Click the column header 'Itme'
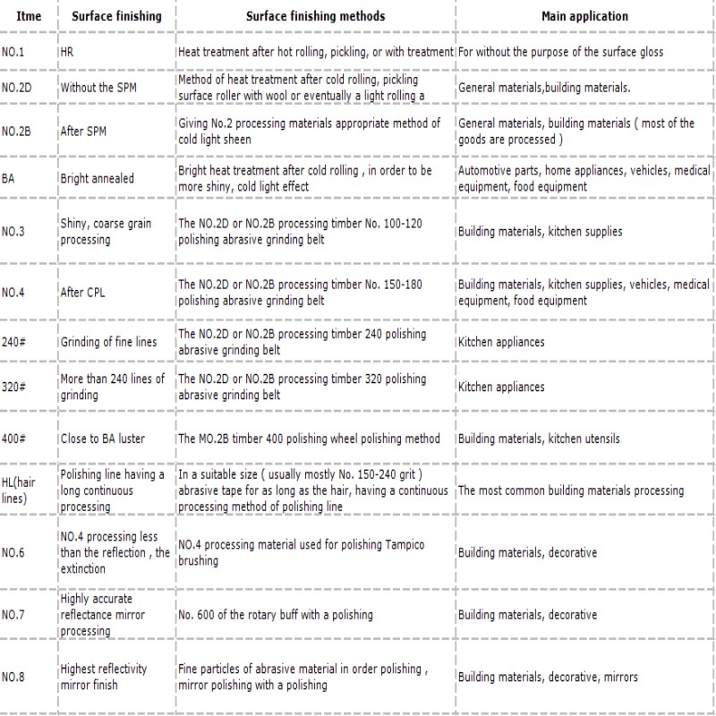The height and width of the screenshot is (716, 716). [29, 15]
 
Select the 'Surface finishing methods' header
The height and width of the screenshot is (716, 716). [315, 15]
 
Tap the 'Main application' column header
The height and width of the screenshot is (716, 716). [584, 15]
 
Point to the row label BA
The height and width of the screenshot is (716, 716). [9, 178]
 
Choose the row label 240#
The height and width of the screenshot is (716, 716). [14, 342]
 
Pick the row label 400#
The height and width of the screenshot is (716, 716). [14, 439]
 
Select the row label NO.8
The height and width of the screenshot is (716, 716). [13, 677]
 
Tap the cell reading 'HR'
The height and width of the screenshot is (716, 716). [67, 52]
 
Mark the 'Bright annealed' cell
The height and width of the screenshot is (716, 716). [97, 178]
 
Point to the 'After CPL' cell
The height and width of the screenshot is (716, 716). [84, 292]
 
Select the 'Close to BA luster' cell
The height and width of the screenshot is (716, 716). [102, 439]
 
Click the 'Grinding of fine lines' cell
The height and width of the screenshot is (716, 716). [107, 342]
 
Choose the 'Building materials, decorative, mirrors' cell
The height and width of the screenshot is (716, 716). [548, 677]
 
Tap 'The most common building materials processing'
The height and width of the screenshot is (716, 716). [570, 490]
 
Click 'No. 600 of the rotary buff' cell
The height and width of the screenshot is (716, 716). [275, 615]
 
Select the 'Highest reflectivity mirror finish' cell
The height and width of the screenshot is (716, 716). [104, 677]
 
